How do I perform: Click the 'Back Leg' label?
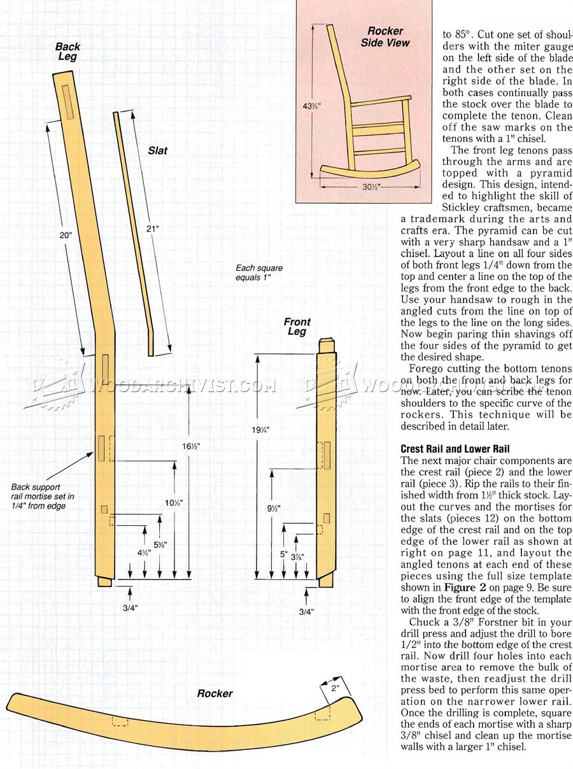click(67, 52)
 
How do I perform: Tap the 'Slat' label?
click(158, 151)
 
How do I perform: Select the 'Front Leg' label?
click(297, 327)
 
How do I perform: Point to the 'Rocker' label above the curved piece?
click(215, 693)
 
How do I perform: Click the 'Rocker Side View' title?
click(385, 37)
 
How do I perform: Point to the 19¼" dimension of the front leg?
click(260, 430)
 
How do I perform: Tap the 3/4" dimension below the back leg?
click(131, 608)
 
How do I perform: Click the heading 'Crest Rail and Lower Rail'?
click(446, 449)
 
